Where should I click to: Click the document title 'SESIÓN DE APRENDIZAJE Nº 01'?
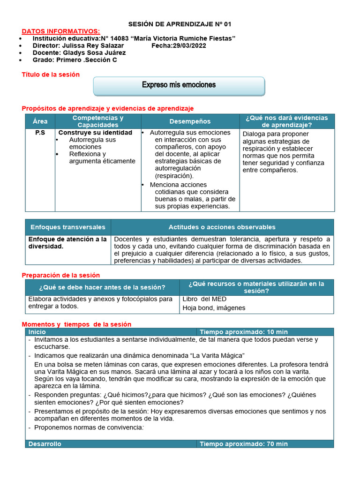coord(180,24)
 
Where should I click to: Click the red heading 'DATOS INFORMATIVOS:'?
coord(61,31)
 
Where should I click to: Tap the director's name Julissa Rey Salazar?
coord(93,45)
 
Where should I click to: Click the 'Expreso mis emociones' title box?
coord(179,85)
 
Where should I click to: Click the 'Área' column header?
coord(40,121)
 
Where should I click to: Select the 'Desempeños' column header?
coord(190,121)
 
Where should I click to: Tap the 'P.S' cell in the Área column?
coord(40,133)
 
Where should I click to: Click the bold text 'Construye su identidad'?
coord(95,133)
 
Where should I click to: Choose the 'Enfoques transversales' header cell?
coord(68,227)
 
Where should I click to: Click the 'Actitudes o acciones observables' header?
coord(222,227)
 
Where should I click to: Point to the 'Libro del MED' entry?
coord(204,299)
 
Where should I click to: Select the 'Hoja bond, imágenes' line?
coord(214,308)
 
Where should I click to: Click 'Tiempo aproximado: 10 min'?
coord(243,332)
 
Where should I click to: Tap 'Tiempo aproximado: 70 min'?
coord(243,444)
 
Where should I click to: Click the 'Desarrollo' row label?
coord(45,444)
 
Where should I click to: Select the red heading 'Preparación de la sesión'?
coord(61,275)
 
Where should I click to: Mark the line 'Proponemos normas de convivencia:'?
coord(89,427)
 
